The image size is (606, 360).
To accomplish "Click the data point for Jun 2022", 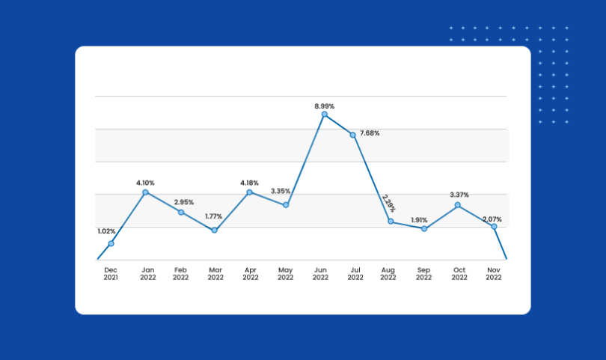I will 324,115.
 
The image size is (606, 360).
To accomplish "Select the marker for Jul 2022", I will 352,135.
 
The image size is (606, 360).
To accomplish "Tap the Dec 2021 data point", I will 111,243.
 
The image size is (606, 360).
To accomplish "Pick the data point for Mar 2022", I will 215,230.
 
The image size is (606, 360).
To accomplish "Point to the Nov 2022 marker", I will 494,226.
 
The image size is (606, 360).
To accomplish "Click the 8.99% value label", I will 324,106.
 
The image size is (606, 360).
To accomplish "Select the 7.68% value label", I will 370,133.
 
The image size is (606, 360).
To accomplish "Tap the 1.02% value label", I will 107,231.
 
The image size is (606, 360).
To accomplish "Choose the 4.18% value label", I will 249,182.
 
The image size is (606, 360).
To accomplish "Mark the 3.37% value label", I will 459,195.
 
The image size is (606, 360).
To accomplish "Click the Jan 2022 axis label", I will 147,273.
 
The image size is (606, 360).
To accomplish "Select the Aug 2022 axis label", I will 388,273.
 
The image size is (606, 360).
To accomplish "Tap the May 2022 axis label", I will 285,273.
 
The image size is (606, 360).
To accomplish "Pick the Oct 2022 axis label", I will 459,273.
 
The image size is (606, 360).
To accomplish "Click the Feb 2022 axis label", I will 180,273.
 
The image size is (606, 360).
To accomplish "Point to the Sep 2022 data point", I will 423,228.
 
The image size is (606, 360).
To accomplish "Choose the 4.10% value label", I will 146,182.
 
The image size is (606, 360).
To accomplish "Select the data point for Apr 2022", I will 250,192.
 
